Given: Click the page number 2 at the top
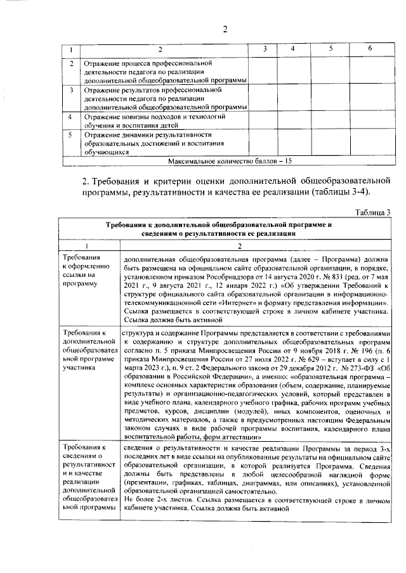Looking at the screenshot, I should [225, 28].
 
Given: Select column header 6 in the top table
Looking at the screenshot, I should [370, 49].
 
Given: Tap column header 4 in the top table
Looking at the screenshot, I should [292, 49].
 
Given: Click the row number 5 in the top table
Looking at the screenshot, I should [71, 135].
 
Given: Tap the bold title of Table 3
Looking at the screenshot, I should [228, 229].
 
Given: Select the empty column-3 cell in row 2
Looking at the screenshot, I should [263, 71].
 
